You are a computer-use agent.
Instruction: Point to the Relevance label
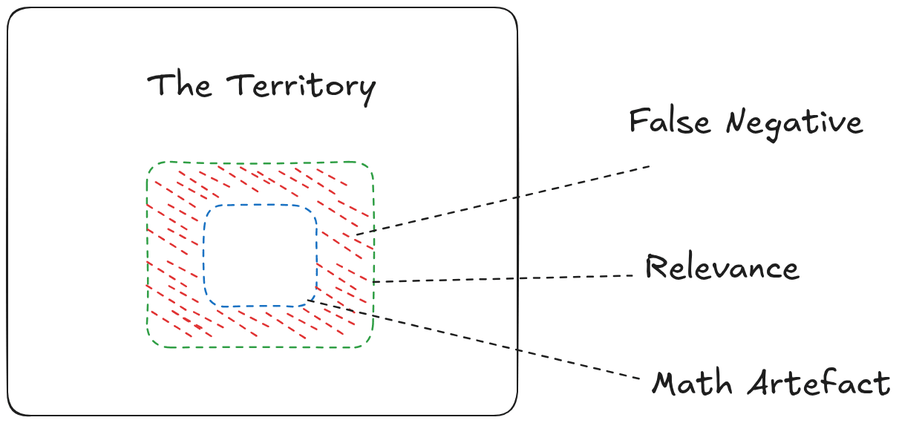[722, 267]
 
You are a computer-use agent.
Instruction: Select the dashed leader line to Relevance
[505, 279]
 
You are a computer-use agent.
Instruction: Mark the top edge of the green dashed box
[260, 163]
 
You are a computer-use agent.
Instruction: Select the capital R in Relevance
[656, 266]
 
